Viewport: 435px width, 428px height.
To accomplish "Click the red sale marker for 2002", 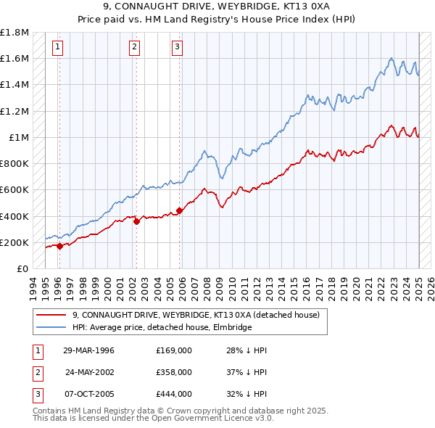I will [x=136, y=221].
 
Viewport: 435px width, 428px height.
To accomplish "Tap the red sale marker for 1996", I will [x=59, y=246].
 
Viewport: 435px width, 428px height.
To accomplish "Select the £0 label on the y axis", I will [x=23, y=268].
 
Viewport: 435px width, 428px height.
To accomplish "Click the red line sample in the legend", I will [x=51, y=315].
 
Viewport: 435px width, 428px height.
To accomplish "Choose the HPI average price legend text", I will [x=161, y=327].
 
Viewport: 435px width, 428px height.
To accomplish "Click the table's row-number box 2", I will [x=36, y=372].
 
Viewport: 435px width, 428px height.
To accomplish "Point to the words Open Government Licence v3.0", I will [x=212, y=419].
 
